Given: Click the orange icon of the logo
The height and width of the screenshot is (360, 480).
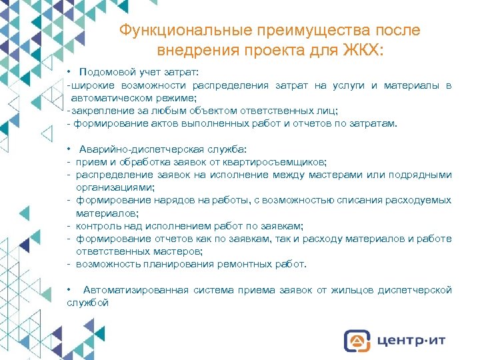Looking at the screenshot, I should pyautogui.click(x=357, y=340).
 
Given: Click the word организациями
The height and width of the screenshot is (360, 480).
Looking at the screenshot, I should pyautogui.click(x=115, y=187).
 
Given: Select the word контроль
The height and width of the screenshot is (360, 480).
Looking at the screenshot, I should pyautogui.click(x=97, y=226).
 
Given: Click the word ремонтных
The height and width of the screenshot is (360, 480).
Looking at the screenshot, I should pyautogui.click(x=235, y=264).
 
